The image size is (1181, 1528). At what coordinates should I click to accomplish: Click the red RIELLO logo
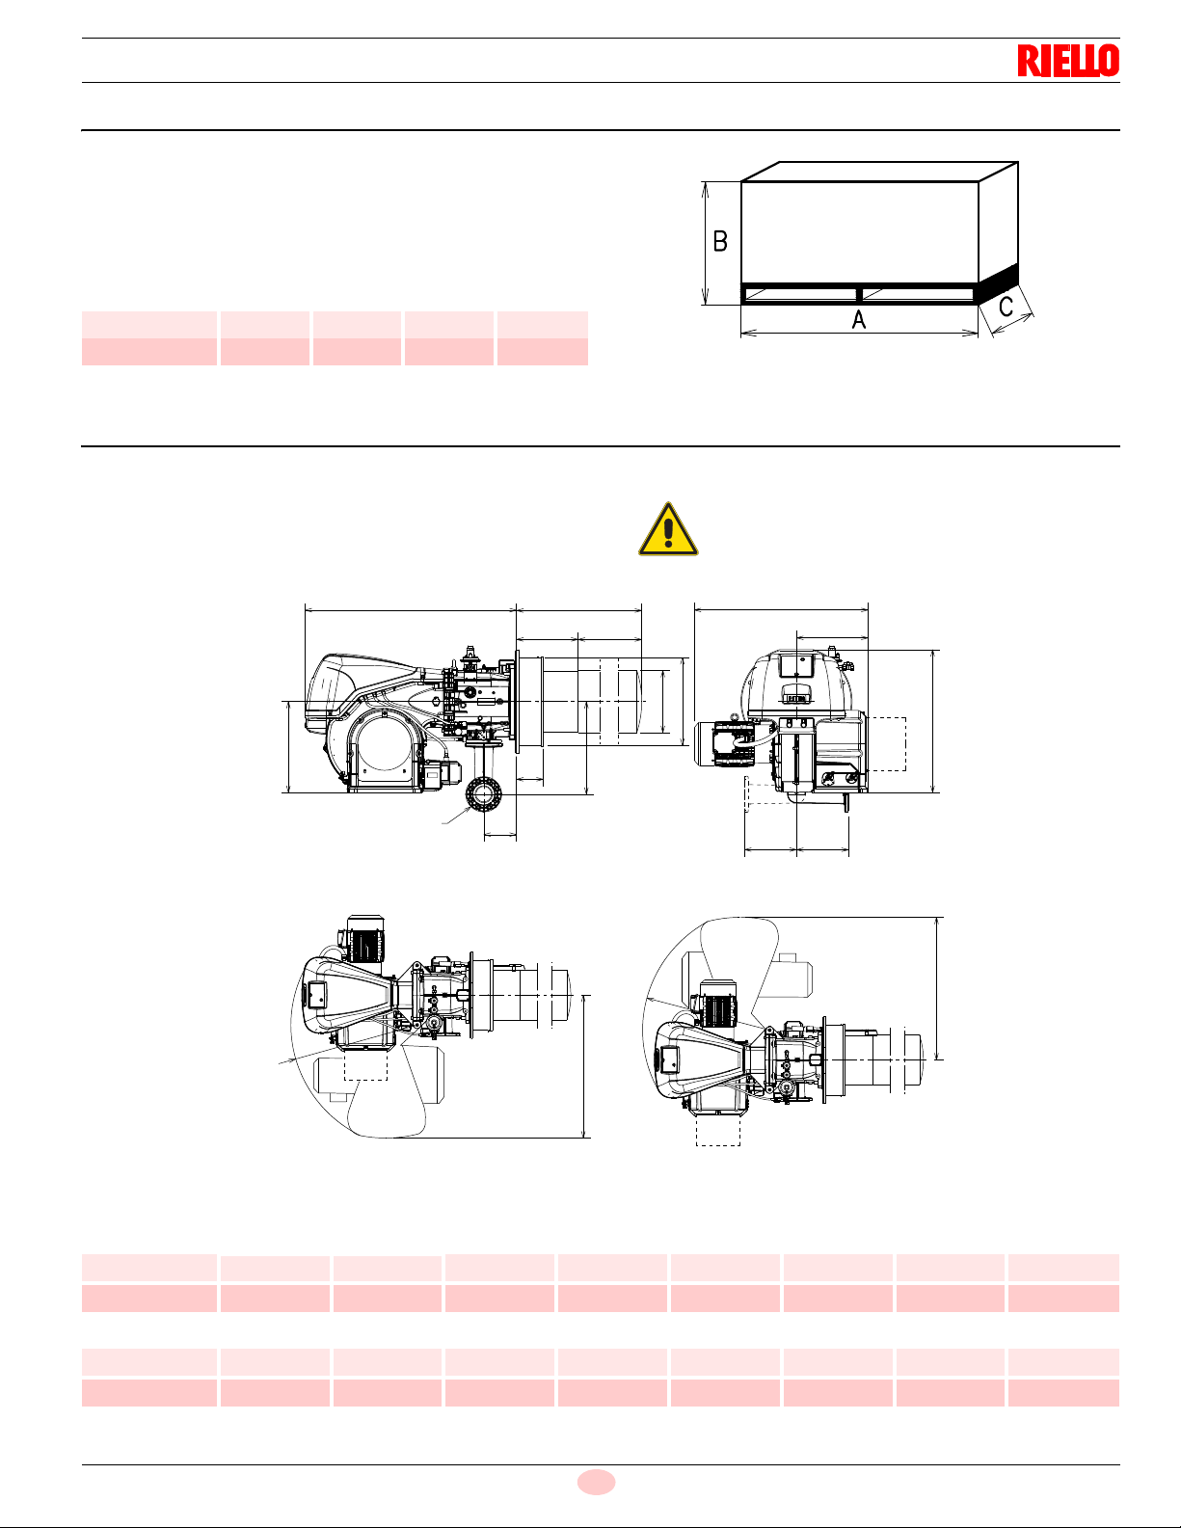click(x=1068, y=61)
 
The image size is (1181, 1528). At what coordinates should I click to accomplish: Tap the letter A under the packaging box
click(x=858, y=320)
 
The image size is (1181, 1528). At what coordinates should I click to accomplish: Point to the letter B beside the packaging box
click(x=720, y=241)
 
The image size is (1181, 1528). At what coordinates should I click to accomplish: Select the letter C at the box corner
click(x=1006, y=307)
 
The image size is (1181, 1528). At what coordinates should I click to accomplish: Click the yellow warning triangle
click(x=668, y=529)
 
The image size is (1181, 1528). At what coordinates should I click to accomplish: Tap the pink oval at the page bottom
click(x=596, y=1482)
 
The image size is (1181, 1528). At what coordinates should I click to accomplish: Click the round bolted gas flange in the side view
click(x=482, y=795)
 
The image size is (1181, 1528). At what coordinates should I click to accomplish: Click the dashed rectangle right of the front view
click(x=886, y=744)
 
